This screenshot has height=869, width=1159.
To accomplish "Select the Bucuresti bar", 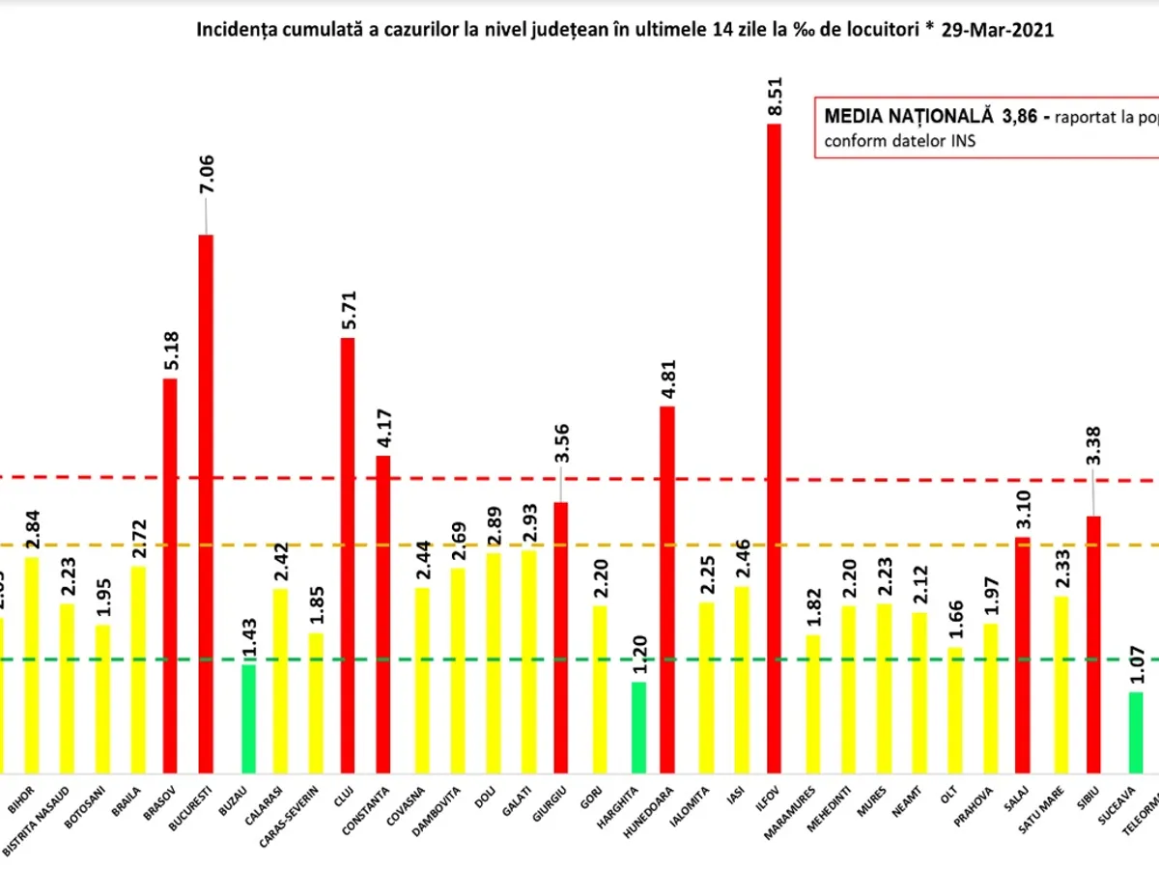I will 206,502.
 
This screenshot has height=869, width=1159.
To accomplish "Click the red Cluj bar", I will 348,555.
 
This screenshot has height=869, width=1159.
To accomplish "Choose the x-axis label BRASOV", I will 167,800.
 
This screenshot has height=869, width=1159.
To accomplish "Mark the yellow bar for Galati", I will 528,661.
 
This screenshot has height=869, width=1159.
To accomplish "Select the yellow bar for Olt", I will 954,710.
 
